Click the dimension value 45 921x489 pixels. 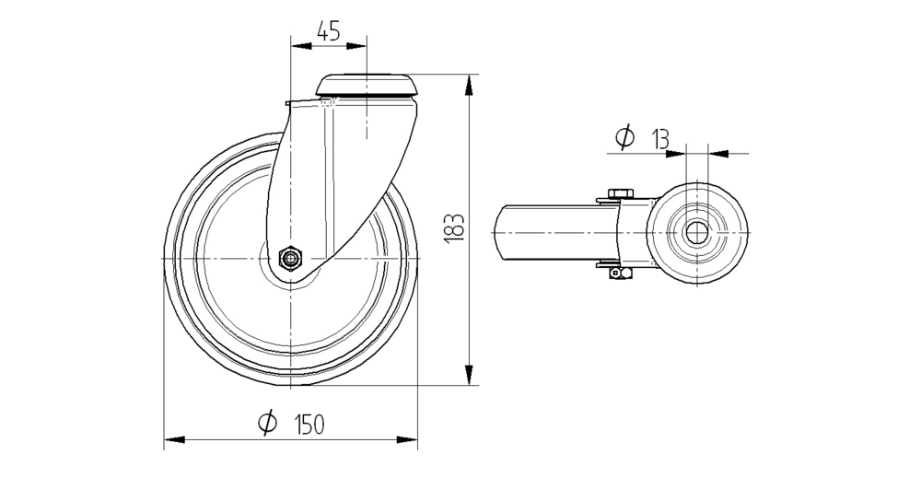329,30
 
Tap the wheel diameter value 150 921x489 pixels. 309,424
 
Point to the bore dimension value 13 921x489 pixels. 659,139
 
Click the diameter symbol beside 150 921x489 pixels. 267,423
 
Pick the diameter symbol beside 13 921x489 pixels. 625,137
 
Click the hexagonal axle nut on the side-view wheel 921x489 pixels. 289,257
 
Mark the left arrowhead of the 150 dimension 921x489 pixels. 174,439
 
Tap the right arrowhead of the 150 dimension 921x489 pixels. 407,439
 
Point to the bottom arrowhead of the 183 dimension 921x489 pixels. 468,375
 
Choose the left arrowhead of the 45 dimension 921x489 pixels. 301,46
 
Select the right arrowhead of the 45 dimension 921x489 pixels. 356,46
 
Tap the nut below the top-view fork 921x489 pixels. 620,273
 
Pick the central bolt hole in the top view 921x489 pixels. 696,233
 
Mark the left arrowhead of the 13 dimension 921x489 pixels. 675,154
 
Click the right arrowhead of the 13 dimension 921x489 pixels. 718,154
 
